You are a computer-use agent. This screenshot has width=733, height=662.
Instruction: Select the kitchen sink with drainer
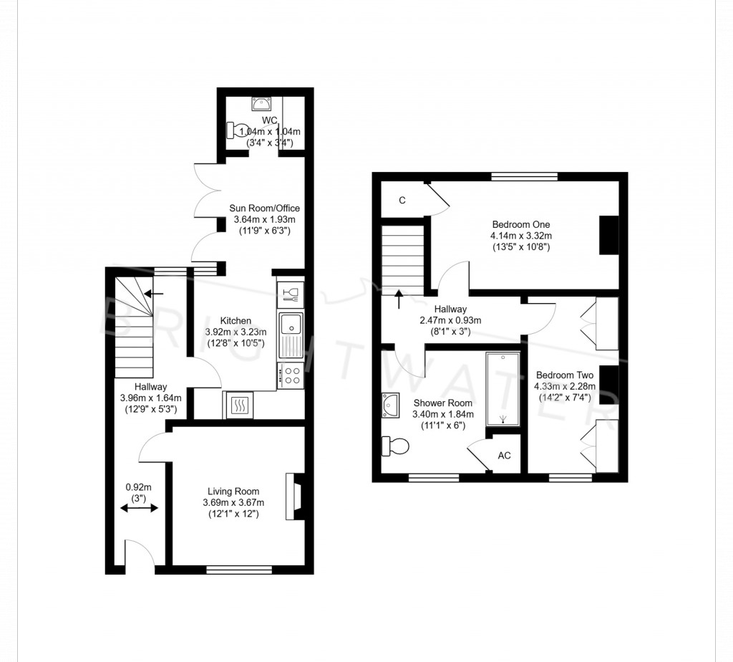coord(291,335)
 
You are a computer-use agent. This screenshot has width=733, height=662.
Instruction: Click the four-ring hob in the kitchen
coord(291,375)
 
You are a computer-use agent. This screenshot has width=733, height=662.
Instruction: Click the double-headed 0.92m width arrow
coord(140,508)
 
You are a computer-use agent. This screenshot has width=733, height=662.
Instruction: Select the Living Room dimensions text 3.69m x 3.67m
coord(233,503)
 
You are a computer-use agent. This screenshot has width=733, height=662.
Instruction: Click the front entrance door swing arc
coord(140,555)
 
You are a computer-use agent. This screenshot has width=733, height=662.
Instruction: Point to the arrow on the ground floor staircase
coord(153,293)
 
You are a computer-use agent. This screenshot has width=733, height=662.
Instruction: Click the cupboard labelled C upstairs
coord(402,201)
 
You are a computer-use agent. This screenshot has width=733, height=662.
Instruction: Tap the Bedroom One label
coord(520,224)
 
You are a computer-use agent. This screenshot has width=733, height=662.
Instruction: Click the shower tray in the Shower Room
coord(503,389)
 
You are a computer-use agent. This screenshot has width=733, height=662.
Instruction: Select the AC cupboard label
coord(504,456)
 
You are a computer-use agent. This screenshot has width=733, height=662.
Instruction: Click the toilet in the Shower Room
coord(394,446)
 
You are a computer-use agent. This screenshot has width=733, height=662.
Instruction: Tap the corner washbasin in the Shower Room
coord(390,406)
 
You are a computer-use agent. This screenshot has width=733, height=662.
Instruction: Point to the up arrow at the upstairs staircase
coord(399,297)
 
